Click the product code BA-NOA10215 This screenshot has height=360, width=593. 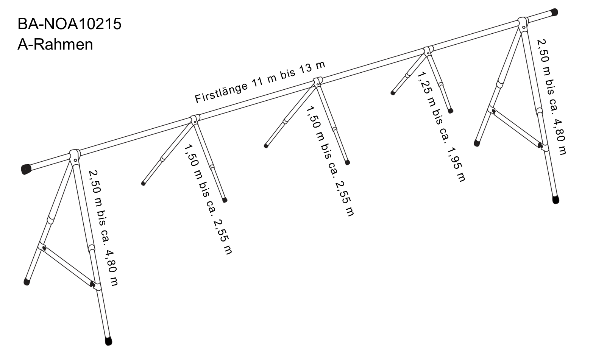tap(69, 24)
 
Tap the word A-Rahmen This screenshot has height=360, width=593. tap(55, 44)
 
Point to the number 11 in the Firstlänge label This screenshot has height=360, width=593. tap(258, 81)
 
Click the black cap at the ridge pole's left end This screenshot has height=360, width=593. tap(26, 169)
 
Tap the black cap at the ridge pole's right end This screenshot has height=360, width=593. tap(554, 12)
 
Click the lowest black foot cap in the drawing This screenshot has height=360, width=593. tap(108, 341)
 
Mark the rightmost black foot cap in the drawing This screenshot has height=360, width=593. tap(556, 199)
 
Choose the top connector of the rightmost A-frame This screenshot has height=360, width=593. tap(523, 23)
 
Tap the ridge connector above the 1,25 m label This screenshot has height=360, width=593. tap(428, 50)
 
